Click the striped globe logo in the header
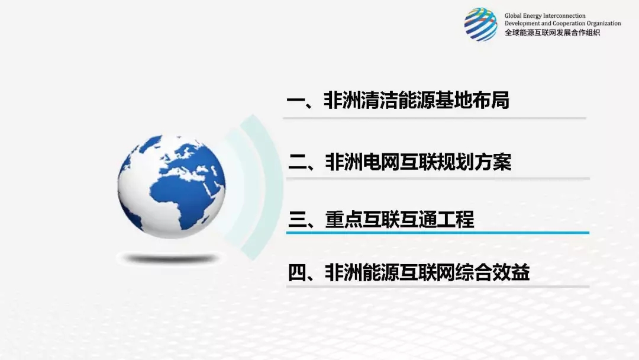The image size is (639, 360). (480, 24)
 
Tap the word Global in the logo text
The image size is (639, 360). (512, 16)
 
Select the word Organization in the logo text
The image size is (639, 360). (604, 24)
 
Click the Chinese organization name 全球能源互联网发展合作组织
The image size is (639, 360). (552, 33)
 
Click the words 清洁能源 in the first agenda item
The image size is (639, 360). (388, 100)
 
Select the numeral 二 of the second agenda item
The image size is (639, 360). (296, 162)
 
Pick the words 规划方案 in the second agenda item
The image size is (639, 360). (474, 162)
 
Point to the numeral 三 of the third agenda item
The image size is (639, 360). (296, 219)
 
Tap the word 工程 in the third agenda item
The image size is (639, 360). (456, 219)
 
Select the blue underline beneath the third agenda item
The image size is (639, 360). (438, 233)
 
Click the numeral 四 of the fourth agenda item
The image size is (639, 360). (296, 272)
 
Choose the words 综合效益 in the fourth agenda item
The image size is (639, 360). (492, 272)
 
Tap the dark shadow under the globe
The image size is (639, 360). (171, 259)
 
